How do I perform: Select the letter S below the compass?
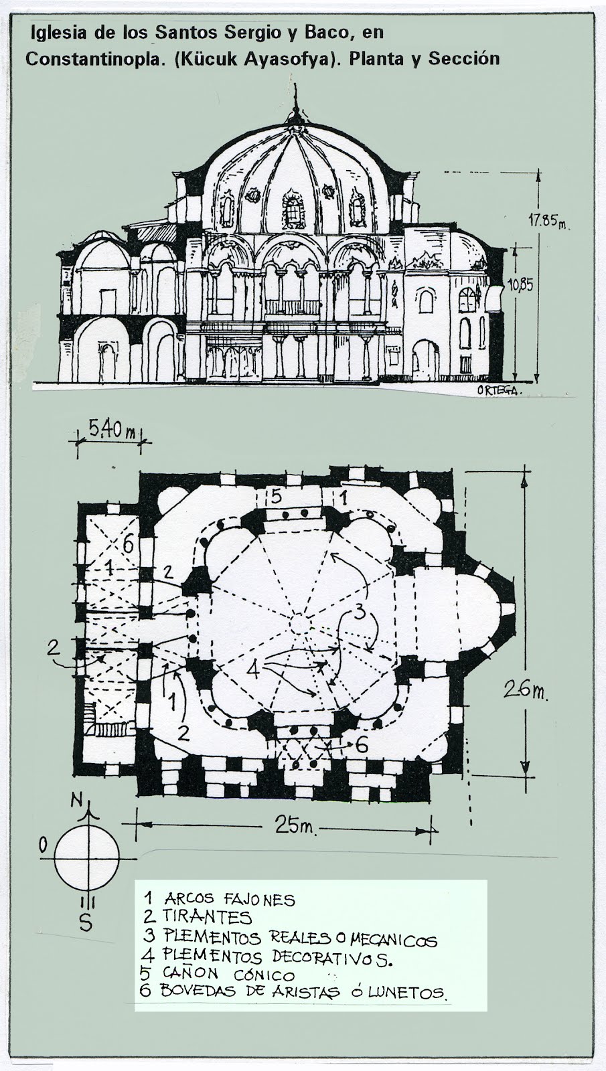86,922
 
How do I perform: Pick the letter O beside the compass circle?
43,845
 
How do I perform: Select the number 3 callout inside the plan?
360,610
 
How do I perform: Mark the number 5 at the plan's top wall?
275,496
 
